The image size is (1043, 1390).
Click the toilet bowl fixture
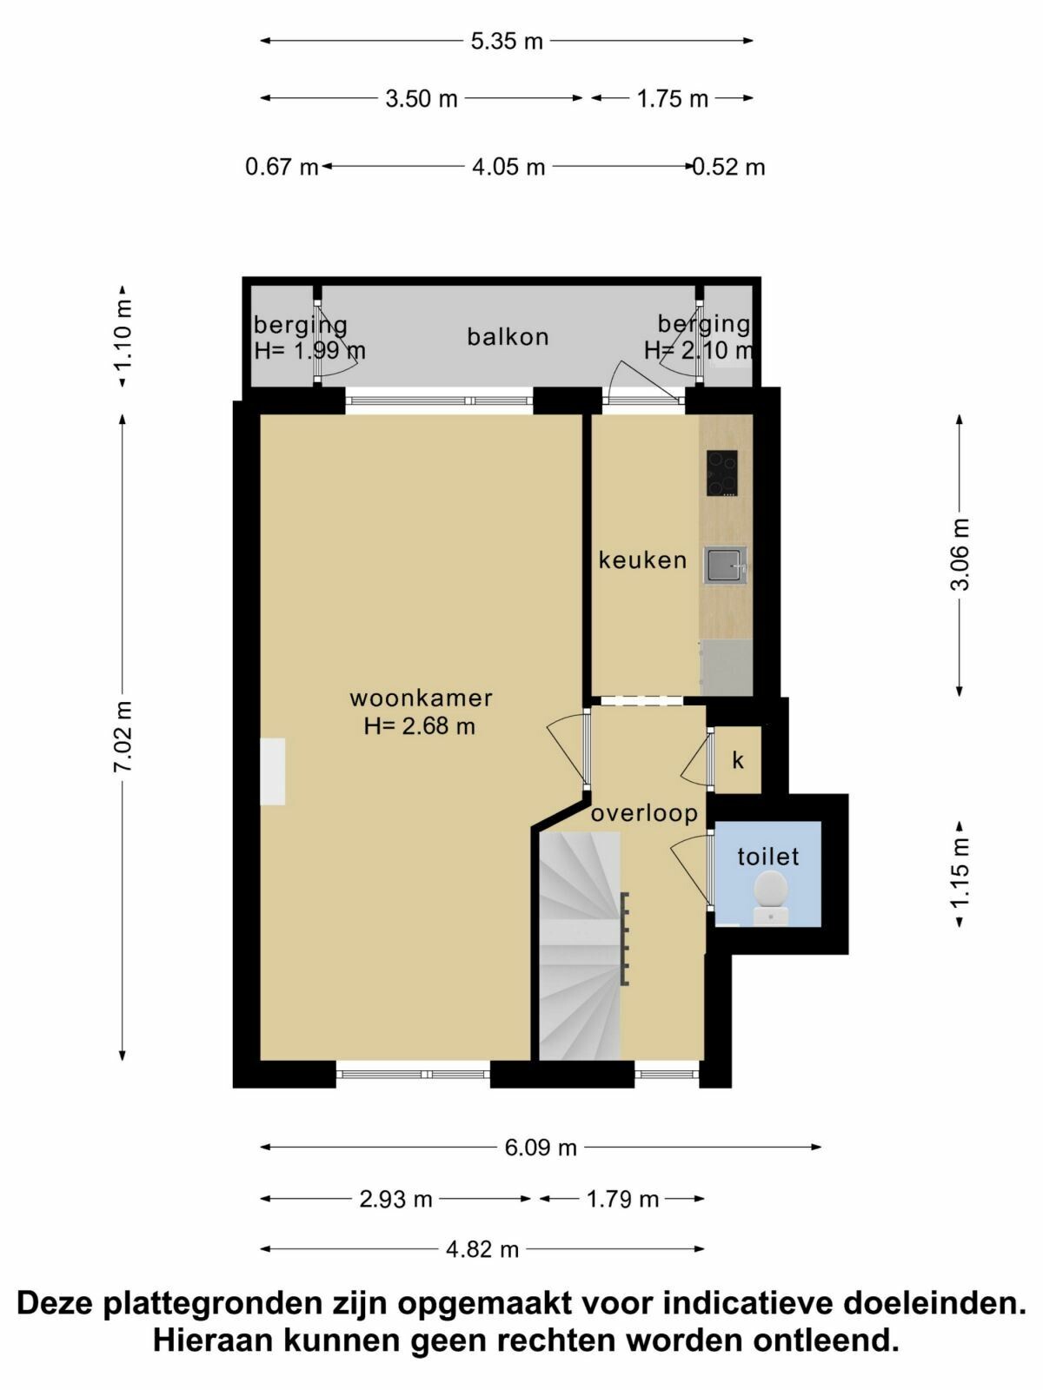[x=770, y=898]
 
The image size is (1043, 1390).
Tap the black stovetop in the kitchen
[x=722, y=473]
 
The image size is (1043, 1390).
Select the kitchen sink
[x=725, y=566]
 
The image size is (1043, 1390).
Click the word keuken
[x=642, y=560]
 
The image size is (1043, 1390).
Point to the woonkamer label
[x=422, y=698]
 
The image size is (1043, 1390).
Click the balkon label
[x=508, y=337]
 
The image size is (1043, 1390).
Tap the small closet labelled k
[x=738, y=760]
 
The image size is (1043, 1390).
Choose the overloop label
[x=645, y=814]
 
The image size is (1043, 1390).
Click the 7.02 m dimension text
[x=122, y=737]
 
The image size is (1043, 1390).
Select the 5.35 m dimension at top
[x=507, y=42]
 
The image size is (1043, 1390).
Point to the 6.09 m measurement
[x=541, y=1148]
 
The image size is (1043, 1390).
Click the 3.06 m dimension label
[x=960, y=555]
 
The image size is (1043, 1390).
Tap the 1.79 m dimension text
[x=622, y=1199]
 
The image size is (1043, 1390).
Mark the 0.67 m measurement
[x=282, y=168]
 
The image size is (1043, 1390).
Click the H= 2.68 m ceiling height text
[x=419, y=725]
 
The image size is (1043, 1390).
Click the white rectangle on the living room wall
[x=272, y=771]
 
